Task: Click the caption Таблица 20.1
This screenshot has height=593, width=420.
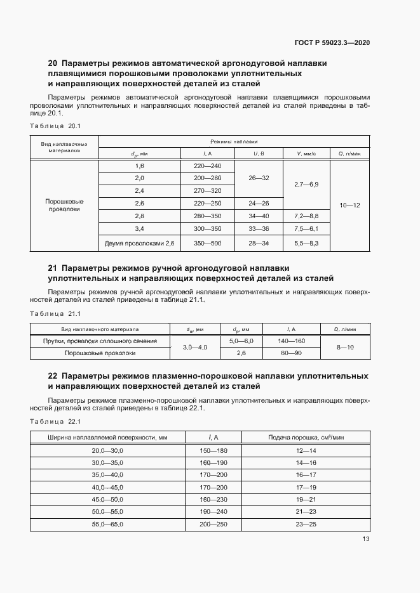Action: tap(56, 126)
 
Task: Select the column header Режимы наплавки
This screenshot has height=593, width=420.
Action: tap(234, 142)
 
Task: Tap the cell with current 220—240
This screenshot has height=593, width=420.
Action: tap(207, 166)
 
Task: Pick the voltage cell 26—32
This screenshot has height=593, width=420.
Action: tap(259, 178)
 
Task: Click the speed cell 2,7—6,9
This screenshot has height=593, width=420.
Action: tap(306, 184)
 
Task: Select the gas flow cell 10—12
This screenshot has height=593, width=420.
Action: tap(350, 205)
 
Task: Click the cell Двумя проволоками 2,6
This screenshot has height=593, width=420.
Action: tap(139, 243)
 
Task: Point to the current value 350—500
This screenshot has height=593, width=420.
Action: tap(207, 243)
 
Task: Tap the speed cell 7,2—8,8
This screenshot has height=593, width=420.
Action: tap(306, 216)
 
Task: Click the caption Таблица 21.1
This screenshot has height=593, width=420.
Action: tap(56, 314)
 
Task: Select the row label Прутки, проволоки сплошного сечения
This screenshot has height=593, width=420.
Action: tap(100, 341)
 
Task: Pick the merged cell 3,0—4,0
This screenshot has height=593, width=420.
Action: tap(195, 348)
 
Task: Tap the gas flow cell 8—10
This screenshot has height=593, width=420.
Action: tap(345, 348)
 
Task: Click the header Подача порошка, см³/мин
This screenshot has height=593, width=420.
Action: tap(306, 438)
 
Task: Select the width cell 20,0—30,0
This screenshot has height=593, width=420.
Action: tap(107, 450)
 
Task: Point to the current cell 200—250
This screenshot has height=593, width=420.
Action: tap(213, 525)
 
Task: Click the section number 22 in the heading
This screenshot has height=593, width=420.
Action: tap(53, 376)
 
